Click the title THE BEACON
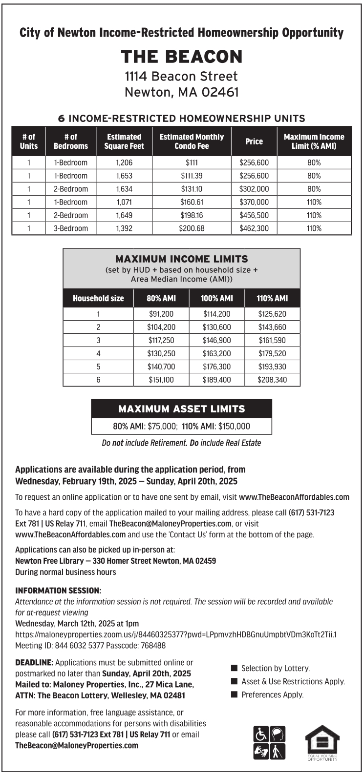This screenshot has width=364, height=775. coord(182,57)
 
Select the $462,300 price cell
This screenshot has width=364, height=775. coord(254,228)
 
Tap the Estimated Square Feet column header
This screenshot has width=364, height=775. coord(124,142)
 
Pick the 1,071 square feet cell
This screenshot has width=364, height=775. coord(124,202)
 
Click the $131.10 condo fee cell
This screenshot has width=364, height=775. coord(192,189)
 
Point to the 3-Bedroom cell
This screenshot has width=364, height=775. coord(71,228)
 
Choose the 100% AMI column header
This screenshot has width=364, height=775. coord(216,298)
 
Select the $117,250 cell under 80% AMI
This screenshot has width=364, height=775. coord(161,340)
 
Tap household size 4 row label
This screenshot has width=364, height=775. coord(98,353)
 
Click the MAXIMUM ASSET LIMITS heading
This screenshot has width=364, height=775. coord(181,409)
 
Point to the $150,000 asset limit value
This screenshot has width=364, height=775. coord(234,426)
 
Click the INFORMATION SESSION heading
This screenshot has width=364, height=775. coord(58,591)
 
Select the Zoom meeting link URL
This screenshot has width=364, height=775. coord(176,634)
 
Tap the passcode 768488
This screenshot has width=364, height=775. coord(153,646)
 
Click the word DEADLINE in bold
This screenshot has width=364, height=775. coord(34,663)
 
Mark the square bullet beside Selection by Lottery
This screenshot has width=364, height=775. coord(234,668)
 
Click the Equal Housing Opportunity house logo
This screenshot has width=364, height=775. coord(322,742)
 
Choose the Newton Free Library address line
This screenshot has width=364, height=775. coord(116,561)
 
